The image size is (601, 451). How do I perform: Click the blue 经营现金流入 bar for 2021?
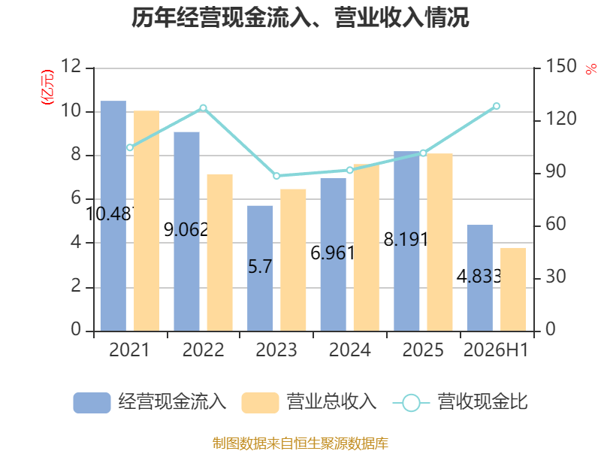(x=113, y=216)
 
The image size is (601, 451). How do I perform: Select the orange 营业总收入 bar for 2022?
(x=219, y=253)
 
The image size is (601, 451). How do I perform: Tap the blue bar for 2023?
(x=260, y=268)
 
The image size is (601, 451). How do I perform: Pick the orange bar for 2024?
(x=367, y=248)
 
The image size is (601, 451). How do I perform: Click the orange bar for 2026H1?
(x=513, y=289)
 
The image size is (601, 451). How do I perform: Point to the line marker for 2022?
(x=203, y=108)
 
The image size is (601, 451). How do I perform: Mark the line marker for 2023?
(x=276, y=176)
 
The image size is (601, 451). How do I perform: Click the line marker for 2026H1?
(x=497, y=106)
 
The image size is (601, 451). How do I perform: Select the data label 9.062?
(x=186, y=230)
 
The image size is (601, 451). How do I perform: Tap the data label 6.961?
(x=333, y=253)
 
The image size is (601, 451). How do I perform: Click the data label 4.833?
(x=479, y=276)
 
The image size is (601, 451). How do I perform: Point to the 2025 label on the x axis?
(x=423, y=350)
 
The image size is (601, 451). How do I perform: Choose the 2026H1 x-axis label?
(x=496, y=350)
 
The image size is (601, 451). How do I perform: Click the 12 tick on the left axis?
(x=71, y=66)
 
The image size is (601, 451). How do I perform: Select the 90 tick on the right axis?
(x=556, y=172)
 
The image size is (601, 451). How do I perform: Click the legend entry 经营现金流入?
(x=149, y=402)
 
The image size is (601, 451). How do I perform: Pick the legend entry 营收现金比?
(x=461, y=402)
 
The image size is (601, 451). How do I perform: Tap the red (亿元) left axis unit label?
(x=47, y=87)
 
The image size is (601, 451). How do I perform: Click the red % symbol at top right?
(x=591, y=69)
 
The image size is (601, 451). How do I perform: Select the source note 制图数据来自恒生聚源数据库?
(x=300, y=443)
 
